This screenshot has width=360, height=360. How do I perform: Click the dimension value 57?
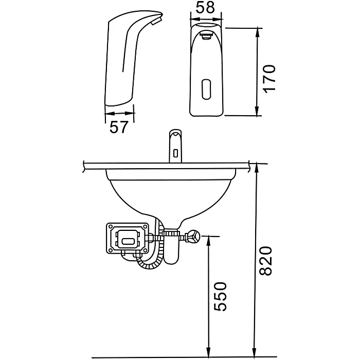tap(118, 127)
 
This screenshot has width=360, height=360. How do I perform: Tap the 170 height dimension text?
tap(269, 79)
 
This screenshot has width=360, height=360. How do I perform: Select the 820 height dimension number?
tap(266, 261)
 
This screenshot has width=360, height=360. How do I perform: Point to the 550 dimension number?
tap(220, 297)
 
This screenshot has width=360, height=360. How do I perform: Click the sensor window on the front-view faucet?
tap(206, 89)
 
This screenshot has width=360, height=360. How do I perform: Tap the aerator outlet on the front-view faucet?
tap(206, 35)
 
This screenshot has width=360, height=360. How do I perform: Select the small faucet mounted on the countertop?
tap(176, 146)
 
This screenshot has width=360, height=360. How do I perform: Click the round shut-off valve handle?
tap(193, 236)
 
